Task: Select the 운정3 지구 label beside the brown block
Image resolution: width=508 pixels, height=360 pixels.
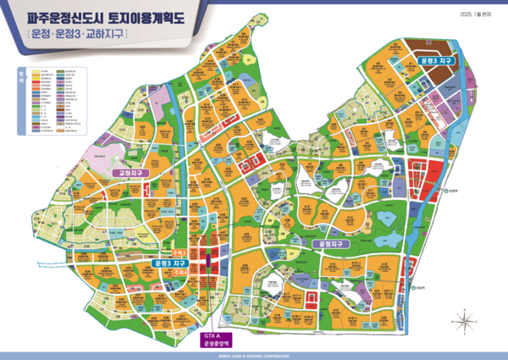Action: [437, 61]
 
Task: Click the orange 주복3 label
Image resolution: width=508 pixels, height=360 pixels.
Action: [179, 252]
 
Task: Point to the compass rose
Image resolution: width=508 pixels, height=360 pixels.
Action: [464, 320]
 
